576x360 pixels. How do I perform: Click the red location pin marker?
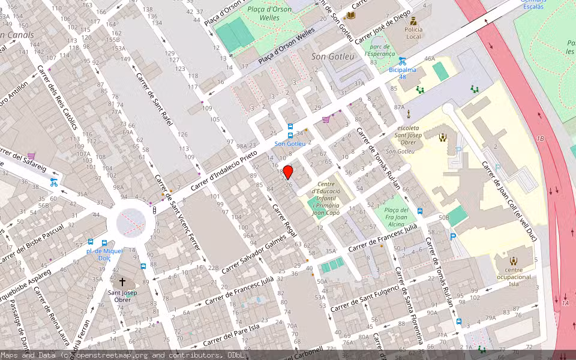click(x=288, y=172)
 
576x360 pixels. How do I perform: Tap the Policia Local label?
click(x=413, y=33)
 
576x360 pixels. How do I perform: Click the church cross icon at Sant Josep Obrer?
click(x=122, y=281)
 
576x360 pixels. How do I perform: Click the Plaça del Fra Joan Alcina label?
click(x=395, y=217)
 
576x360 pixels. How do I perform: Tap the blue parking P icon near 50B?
click(x=453, y=236)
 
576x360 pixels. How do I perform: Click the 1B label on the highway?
click(x=540, y=139)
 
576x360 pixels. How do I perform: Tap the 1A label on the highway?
click(x=565, y=304)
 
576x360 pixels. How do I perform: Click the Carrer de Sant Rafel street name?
click(x=154, y=100)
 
